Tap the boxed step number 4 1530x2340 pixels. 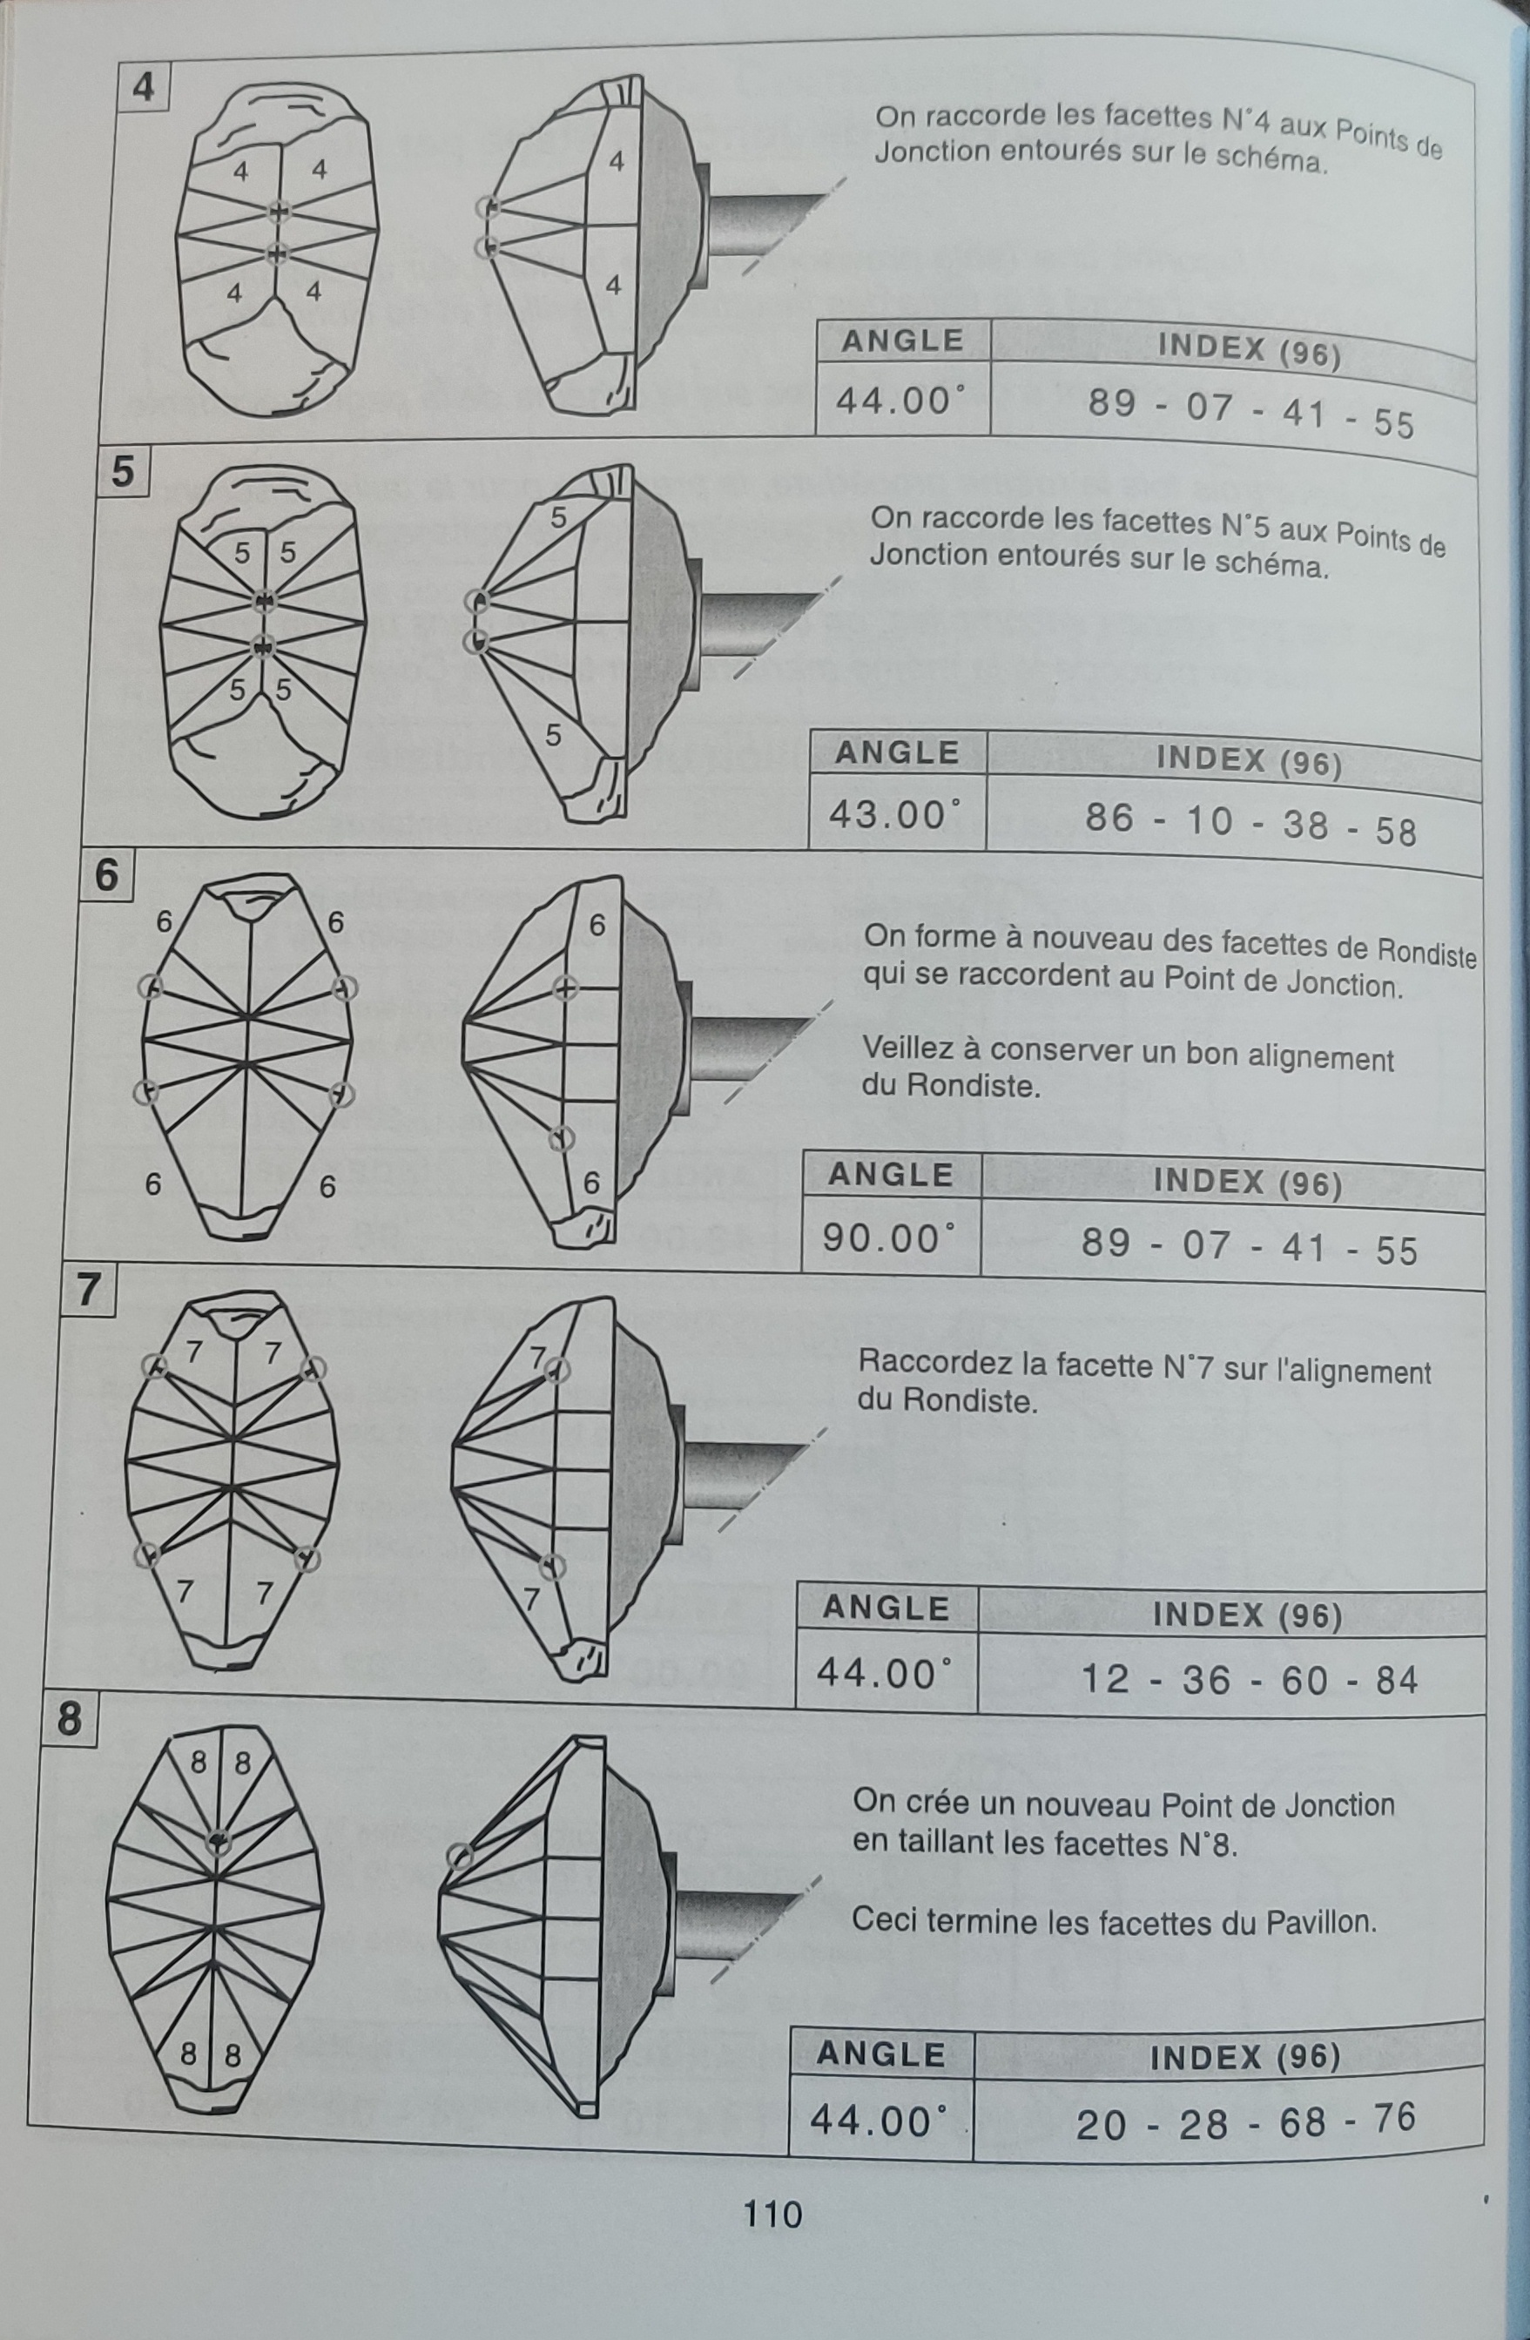click(143, 86)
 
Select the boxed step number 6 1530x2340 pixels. click(105, 874)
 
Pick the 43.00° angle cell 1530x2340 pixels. click(896, 814)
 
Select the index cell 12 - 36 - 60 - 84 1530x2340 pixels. click(1250, 1678)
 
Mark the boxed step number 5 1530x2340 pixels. click(123, 471)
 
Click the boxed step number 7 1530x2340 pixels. click(87, 1290)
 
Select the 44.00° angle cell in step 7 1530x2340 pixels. click(886, 1671)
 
